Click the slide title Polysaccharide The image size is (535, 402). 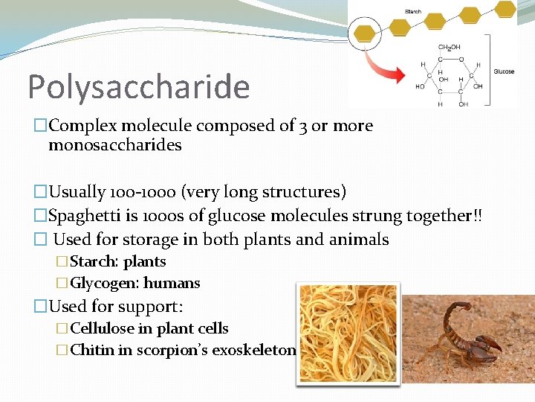click(x=138, y=87)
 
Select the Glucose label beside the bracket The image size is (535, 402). click(x=504, y=71)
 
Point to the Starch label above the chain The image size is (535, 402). click(x=412, y=11)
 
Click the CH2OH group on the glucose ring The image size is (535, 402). click(x=449, y=48)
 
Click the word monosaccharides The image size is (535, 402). click(x=114, y=145)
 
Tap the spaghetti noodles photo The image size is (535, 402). click(x=348, y=334)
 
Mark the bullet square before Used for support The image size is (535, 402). click(x=42, y=306)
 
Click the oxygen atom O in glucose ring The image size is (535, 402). click(x=461, y=59)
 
